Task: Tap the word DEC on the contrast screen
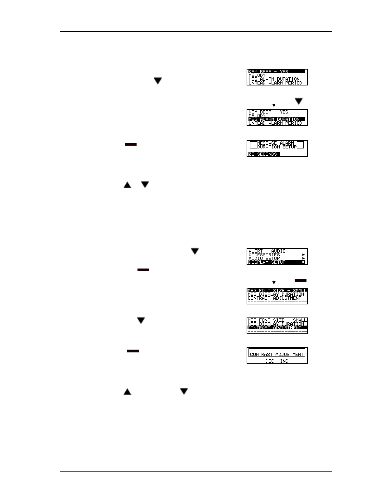pyautogui.click(x=270, y=361)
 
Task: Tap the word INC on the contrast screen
pyautogui.click(x=284, y=361)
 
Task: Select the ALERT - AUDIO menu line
pyautogui.click(x=267, y=251)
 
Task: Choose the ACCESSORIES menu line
pyautogui.click(x=264, y=254)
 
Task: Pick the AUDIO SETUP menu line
pyautogui.click(x=264, y=258)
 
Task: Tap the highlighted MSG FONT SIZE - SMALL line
pyautogui.click(x=277, y=290)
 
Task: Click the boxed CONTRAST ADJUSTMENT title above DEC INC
pyautogui.click(x=277, y=354)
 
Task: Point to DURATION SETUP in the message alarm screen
pyautogui.click(x=277, y=147)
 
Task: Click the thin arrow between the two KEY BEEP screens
pyautogui.click(x=274, y=102)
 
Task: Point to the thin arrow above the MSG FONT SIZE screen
pyautogui.click(x=274, y=280)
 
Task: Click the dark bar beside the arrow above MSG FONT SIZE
pyautogui.click(x=301, y=281)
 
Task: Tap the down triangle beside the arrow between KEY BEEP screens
pyautogui.click(x=299, y=101)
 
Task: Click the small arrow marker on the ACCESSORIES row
pyautogui.click(x=304, y=254)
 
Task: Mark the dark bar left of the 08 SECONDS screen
pyautogui.click(x=131, y=144)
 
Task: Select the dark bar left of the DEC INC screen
pyautogui.click(x=133, y=351)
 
